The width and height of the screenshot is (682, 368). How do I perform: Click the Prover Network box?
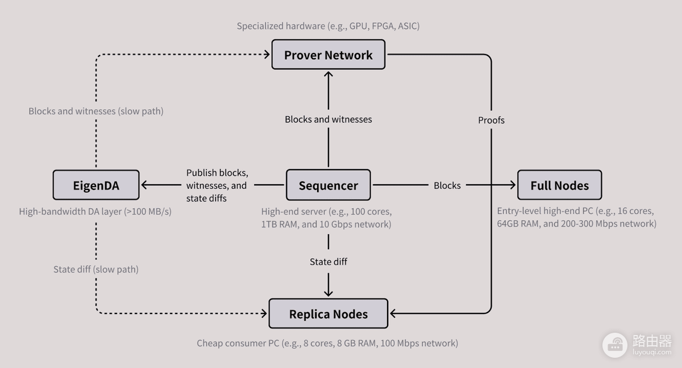(x=328, y=55)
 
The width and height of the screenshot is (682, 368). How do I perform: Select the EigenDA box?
(x=96, y=185)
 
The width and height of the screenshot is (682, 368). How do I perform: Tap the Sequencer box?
(x=328, y=185)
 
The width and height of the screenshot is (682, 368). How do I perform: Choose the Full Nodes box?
(x=560, y=185)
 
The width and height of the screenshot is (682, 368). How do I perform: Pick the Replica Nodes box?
(x=328, y=313)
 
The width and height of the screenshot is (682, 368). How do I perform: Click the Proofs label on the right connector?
(x=491, y=120)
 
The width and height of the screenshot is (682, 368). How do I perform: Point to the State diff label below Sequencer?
(x=328, y=262)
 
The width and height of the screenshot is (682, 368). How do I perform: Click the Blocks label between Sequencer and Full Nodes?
(x=447, y=185)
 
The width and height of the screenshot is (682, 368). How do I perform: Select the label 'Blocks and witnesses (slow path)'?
(x=96, y=111)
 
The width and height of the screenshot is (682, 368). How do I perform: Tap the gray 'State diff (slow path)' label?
(x=96, y=269)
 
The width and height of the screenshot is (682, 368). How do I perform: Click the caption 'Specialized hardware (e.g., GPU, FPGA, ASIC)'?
(x=328, y=26)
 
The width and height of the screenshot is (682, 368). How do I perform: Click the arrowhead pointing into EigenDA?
(x=144, y=185)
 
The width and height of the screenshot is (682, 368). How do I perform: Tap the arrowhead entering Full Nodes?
(x=513, y=185)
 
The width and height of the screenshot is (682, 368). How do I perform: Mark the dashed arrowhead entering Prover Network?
(x=267, y=55)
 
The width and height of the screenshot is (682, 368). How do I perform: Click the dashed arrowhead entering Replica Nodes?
(x=264, y=313)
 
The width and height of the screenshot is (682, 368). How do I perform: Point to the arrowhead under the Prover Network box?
(x=328, y=74)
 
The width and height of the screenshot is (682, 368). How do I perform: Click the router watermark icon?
(x=615, y=345)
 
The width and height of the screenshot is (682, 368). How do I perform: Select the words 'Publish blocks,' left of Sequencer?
(x=217, y=173)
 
